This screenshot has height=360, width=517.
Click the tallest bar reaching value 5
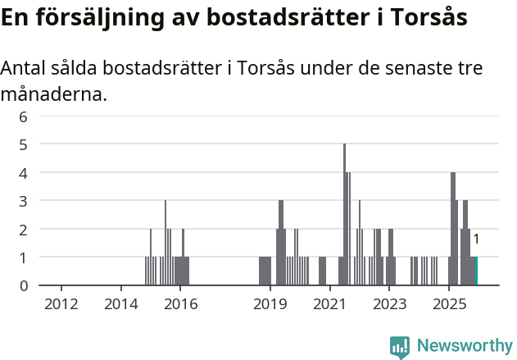pos(345,215)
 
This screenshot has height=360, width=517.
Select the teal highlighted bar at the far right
pos(475,271)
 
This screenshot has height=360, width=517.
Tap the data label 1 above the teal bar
pos(476,239)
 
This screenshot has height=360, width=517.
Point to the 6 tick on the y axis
pos(24,116)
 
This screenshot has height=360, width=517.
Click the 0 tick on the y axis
pos(24,285)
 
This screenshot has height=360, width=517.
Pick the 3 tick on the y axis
pos(24,201)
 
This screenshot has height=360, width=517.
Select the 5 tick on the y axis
pos(24,144)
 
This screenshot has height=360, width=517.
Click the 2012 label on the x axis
pos(61,305)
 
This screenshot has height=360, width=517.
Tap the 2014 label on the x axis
pos(121,305)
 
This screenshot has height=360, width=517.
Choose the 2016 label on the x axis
pos(181,305)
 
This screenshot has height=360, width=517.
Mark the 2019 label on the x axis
pos(270,305)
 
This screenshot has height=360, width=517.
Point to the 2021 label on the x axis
pos(329,305)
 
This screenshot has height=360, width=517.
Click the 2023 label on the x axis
pos(389,305)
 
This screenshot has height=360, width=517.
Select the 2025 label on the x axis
pos(449,305)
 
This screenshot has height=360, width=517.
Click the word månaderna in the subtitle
pos(53,94)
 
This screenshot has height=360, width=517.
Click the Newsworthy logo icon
pos(400,346)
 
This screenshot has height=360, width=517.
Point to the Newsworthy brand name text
pos(465,346)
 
